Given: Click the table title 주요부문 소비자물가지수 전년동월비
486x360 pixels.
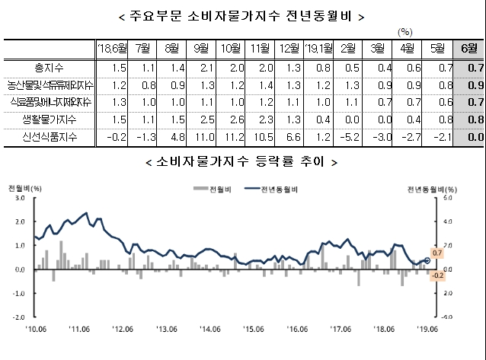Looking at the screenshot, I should tap(242, 16).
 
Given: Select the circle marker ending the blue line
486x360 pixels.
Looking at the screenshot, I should tap(427, 260).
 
